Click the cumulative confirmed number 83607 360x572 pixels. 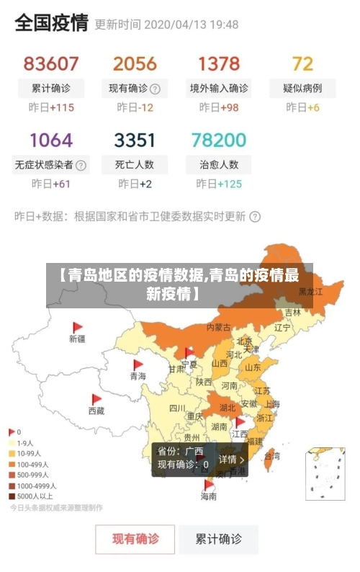[51, 64]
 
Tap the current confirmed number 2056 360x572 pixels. [134, 64]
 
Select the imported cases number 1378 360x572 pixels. [219, 64]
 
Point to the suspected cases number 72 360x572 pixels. [302, 64]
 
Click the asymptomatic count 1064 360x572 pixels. [51, 140]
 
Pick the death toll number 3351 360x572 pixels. [134, 140]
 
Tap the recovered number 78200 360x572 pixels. [219, 140]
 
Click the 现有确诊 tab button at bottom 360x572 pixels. [135, 538]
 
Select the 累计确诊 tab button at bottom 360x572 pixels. [219, 538]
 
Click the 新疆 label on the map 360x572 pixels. [77, 338]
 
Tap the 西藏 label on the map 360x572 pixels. [96, 411]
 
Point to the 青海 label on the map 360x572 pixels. [138, 376]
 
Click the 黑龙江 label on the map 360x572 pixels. [311, 292]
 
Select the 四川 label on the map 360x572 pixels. [176, 408]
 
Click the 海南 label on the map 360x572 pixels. [208, 496]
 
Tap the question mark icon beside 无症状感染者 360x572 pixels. [81, 165]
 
